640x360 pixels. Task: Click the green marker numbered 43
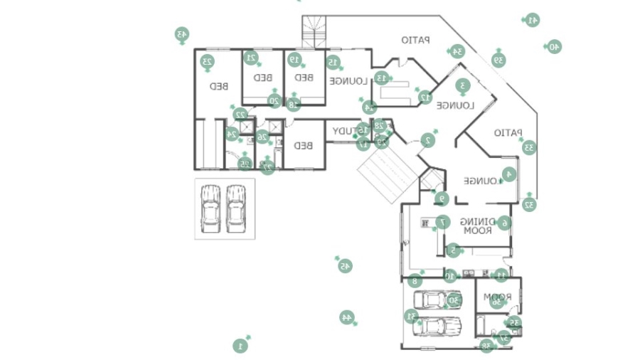tap(181, 33)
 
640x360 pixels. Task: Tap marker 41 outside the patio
tap(532, 20)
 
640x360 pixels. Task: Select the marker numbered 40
tap(555, 46)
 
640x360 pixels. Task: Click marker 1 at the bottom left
tap(240, 346)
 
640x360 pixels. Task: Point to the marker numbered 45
tap(345, 266)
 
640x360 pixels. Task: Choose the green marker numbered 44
tap(347, 317)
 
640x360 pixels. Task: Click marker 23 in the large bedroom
tap(207, 62)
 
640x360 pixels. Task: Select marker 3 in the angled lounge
tap(462, 85)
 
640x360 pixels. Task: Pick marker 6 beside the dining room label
tap(504, 223)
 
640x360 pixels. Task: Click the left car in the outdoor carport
tap(210, 208)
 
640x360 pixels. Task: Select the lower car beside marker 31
tap(437, 327)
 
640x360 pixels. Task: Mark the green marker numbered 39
tap(499, 60)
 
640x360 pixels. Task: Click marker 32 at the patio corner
tap(529, 205)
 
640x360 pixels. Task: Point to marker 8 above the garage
tap(415, 281)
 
